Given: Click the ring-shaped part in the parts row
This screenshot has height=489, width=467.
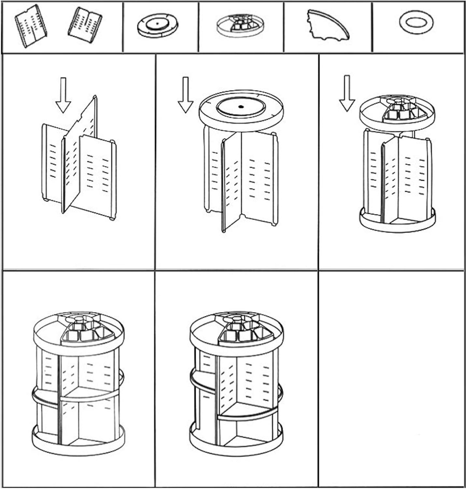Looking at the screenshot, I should [416, 22].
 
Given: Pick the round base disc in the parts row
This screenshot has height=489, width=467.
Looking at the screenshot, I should [158, 25].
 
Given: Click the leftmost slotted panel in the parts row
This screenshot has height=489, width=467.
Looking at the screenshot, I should [31, 26].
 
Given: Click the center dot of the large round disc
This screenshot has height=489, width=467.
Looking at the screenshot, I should [241, 107].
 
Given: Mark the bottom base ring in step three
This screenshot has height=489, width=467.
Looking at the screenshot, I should [397, 223].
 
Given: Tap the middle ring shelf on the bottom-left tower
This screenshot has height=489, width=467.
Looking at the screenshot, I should [78, 394].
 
